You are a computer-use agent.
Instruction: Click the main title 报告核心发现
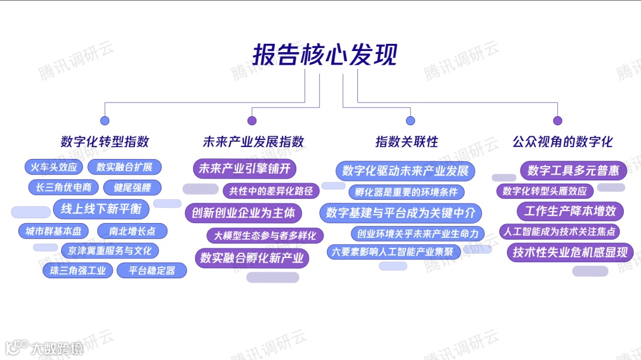pos(325,55)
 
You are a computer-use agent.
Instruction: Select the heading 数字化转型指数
pos(104,142)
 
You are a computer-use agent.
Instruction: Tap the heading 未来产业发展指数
pos(253,142)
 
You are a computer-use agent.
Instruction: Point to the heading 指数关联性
pos(407,142)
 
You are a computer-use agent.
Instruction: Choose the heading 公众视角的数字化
pos(562,142)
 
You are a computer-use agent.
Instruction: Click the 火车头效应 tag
pos(54,167)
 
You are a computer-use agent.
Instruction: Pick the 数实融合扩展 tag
pos(125,167)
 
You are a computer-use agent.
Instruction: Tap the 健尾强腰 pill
pos(132,187)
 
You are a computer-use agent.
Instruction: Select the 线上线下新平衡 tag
pos(97,209)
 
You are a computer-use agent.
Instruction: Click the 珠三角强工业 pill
pos(78,271)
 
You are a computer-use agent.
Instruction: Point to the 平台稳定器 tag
pos(153,271)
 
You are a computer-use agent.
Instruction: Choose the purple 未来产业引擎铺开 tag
pos(245,169)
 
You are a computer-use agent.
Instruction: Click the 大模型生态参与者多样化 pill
pos(265,235)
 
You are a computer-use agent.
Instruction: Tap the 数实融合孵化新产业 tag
pos(252,257)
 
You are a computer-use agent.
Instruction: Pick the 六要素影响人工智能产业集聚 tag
pos(394,251)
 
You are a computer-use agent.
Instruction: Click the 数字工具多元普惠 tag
pos(573,171)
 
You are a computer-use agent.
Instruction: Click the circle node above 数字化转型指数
pos(105,121)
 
